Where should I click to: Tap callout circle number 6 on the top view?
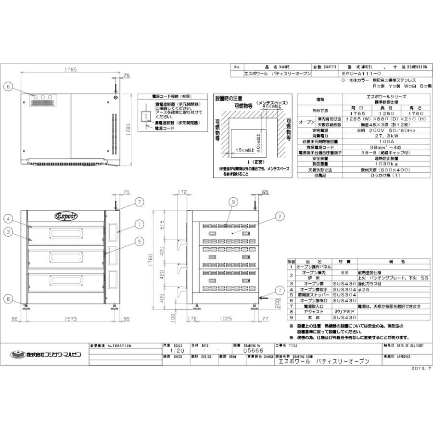[8, 87]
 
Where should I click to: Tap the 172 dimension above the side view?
[182, 192]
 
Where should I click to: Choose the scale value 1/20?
[177, 351]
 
